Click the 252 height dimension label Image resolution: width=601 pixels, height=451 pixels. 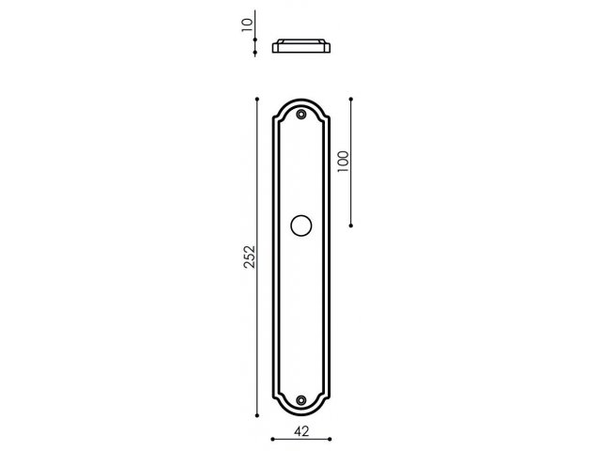(x=250, y=257)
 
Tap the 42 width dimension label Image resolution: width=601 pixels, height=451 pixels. (x=301, y=431)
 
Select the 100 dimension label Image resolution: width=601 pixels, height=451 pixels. (x=343, y=162)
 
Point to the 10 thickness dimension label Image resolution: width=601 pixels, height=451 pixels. (x=248, y=25)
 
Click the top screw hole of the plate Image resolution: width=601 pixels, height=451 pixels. (x=301, y=115)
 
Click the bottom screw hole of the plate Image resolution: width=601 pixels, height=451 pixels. (x=301, y=400)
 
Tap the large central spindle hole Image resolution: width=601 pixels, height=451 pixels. (x=301, y=225)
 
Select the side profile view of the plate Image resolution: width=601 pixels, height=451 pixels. (x=301, y=46)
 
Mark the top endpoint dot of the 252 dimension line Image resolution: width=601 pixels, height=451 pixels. (x=257, y=100)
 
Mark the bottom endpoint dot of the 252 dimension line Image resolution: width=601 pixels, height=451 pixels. (x=257, y=415)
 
